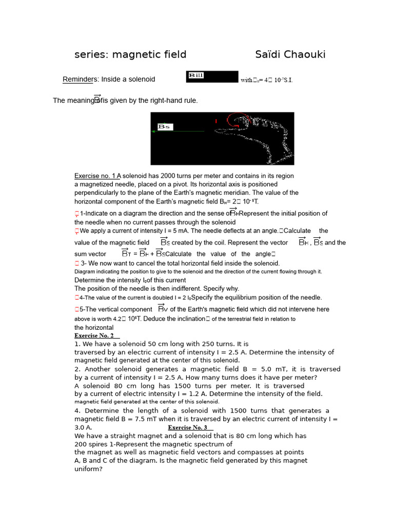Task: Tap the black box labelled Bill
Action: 212,77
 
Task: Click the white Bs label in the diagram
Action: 165,126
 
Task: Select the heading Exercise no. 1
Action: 97,176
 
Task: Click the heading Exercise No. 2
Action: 94,335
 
